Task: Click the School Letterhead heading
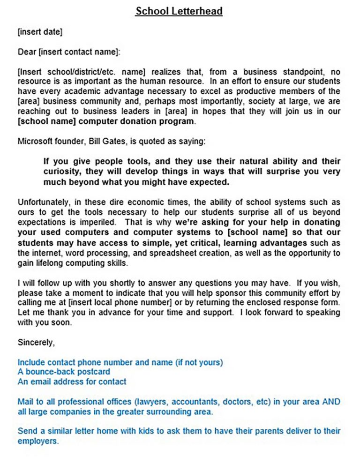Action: [179, 11]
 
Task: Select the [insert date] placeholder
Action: [40, 32]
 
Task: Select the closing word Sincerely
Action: [36, 343]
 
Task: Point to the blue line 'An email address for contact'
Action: [72, 382]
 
